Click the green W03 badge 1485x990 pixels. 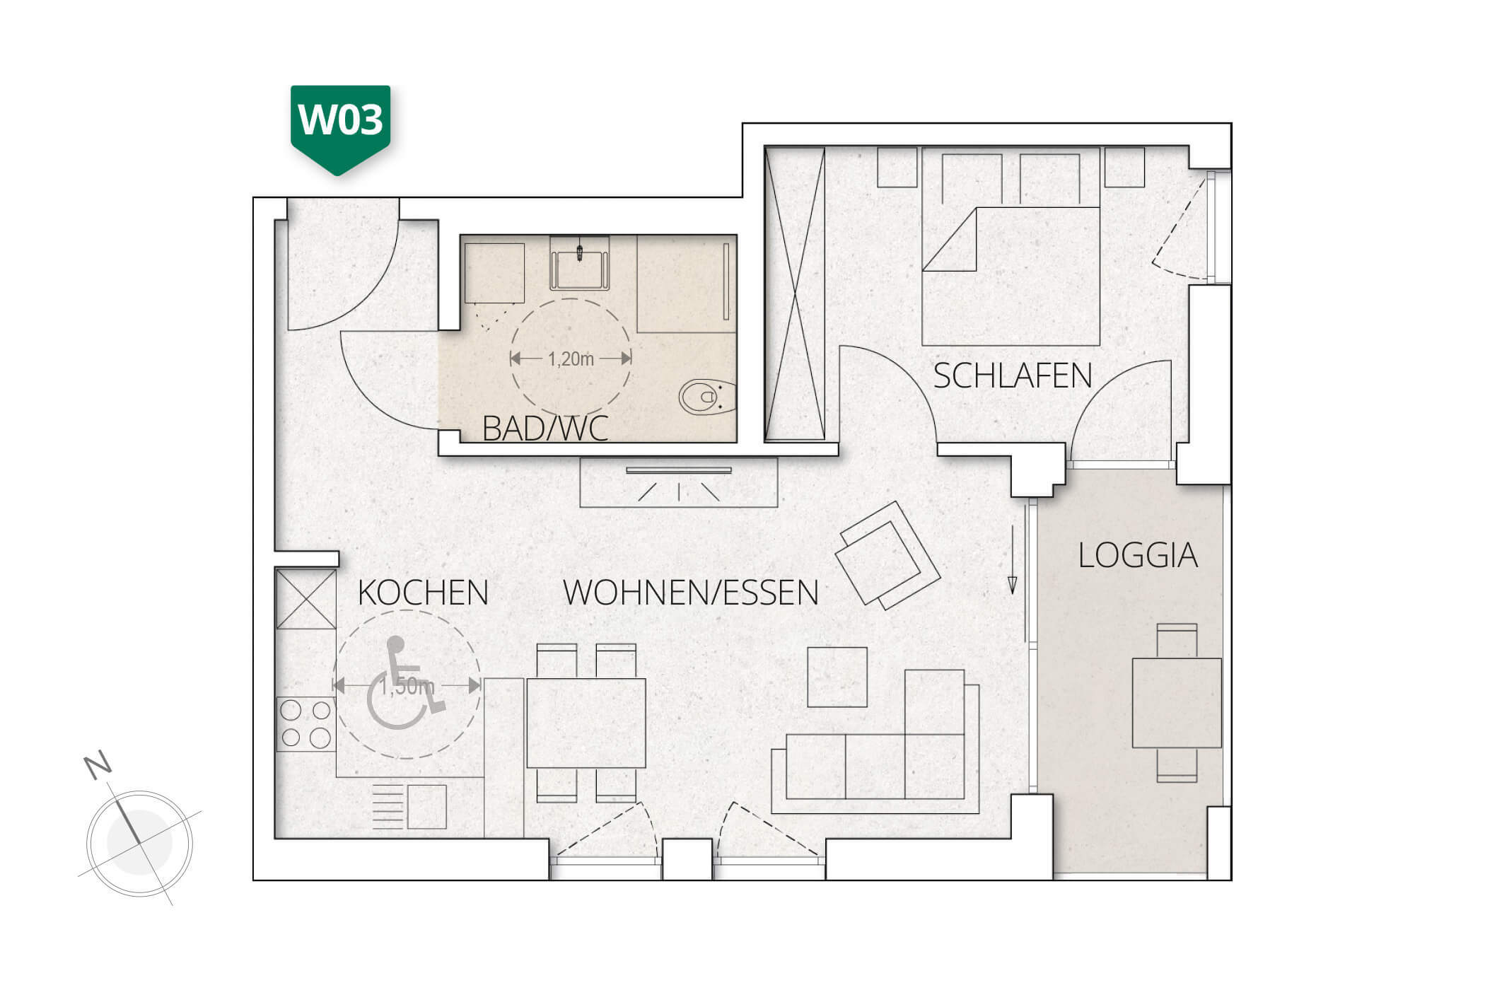pyautogui.click(x=340, y=124)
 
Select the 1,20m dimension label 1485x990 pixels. pyautogui.click(x=571, y=359)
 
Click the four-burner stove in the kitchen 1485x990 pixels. pyautogui.click(x=305, y=724)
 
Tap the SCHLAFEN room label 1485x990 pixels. pyautogui.click(x=1012, y=376)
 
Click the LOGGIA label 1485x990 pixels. pyautogui.click(x=1138, y=556)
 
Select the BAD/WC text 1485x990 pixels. pyautogui.click(x=544, y=429)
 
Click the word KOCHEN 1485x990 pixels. pyautogui.click(x=423, y=593)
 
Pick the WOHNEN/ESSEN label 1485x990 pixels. pyautogui.click(x=691, y=593)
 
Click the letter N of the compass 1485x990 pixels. pyautogui.click(x=98, y=765)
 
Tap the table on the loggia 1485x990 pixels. pyautogui.click(x=1177, y=702)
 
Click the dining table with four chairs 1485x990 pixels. pyautogui.click(x=586, y=723)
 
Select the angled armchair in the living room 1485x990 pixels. pyautogui.click(x=887, y=556)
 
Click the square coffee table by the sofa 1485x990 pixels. pyautogui.click(x=837, y=677)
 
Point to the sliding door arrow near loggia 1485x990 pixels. pyautogui.click(x=1012, y=559)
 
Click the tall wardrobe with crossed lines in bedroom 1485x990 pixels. pyautogui.click(x=795, y=294)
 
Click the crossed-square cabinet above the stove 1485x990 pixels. pyautogui.click(x=305, y=600)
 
